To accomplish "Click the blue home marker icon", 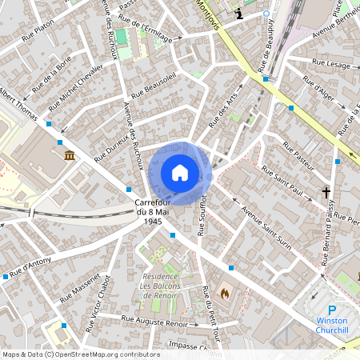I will [179, 172].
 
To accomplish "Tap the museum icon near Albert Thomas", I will [70, 154].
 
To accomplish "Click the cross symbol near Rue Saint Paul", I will [326, 192].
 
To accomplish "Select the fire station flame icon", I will [225, 294].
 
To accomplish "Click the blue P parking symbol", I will [333, 310].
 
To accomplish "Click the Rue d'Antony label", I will [26, 266].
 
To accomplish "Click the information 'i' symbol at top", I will [240, 14].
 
